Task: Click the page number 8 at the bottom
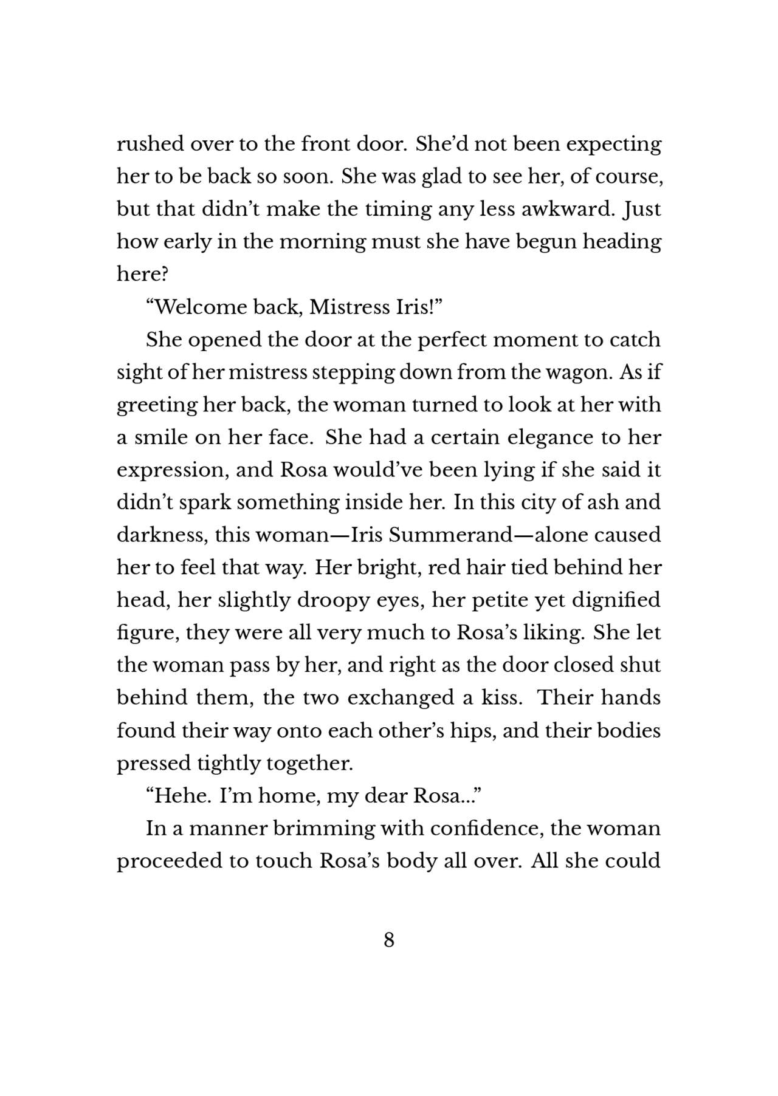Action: pyautogui.click(x=389, y=940)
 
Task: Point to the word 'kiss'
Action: pyautogui.click(x=501, y=697)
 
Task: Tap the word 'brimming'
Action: pyautogui.click(x=314, y=829)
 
